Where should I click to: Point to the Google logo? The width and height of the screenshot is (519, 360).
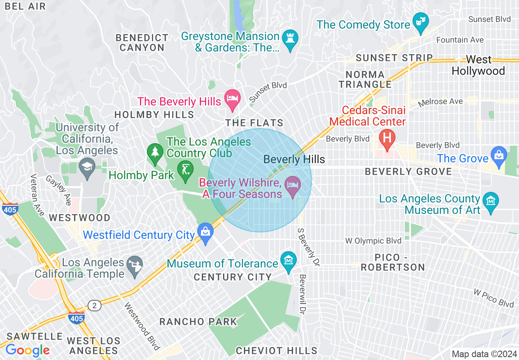[x=27, y=350]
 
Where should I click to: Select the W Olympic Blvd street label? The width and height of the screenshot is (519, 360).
[x=373, y=241]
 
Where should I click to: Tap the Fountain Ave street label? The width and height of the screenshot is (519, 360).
[x=460, y=40]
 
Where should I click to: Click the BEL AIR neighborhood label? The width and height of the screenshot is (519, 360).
[x=26, y=7]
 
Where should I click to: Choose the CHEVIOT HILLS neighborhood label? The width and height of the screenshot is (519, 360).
[x=276, y=351]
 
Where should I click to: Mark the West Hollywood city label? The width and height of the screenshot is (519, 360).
[x=478, y=65]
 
